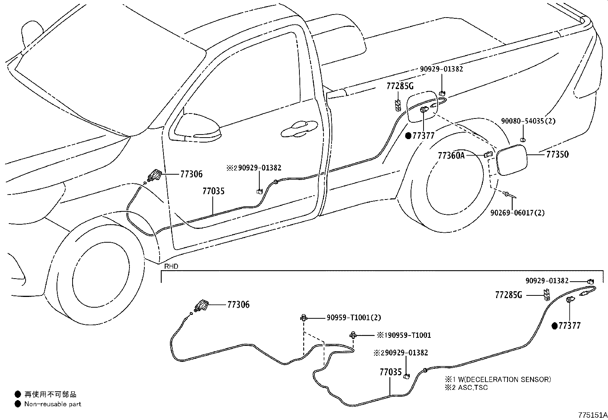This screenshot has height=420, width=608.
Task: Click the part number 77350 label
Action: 557,154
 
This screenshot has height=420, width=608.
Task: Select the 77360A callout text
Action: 451,156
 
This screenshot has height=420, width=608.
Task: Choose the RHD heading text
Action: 171,266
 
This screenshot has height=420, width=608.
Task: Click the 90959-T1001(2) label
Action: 354,318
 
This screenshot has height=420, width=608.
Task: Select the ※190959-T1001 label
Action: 404,335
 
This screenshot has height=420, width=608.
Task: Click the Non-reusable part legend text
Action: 53,404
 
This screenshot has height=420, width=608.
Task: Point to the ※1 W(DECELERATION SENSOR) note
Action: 497,379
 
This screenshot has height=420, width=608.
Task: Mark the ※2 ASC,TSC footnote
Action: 466,388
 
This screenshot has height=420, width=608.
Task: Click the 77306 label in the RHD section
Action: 238,305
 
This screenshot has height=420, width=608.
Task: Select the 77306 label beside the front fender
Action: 191,174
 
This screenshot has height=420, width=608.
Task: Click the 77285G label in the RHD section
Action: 508,295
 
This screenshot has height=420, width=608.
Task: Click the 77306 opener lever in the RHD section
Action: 201,306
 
